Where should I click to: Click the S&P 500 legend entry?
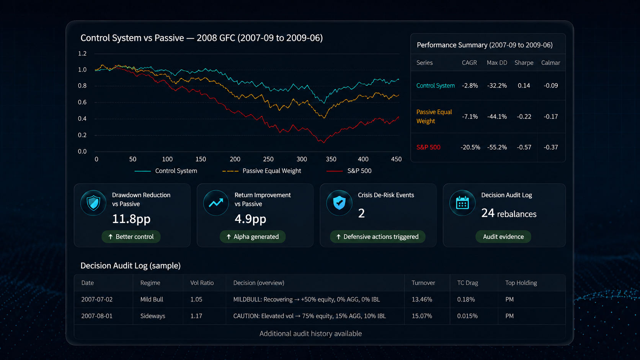point(349,171)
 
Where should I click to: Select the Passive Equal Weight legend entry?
point(262,171)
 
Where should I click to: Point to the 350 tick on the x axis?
point(331,159)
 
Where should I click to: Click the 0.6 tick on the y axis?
point(82,102)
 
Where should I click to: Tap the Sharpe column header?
point(524,62)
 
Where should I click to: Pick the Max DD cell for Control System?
point(497,85)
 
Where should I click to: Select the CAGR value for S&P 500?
point(470,147)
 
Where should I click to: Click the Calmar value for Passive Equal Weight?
point(550,116)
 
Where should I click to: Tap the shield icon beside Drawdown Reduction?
point(93,203)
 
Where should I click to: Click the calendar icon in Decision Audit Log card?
point(462,203)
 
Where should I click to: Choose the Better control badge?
point(131,237)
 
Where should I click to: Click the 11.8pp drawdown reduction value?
point(131,219)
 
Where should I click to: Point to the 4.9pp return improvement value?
point(250,219)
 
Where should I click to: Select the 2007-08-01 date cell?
point(97,316)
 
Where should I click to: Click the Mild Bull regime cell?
point(152,299)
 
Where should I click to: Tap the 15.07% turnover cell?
point(422,316)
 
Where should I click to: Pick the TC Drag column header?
point(467,283)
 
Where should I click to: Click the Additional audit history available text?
point(310,334)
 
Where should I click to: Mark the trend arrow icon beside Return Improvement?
point(216,203)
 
